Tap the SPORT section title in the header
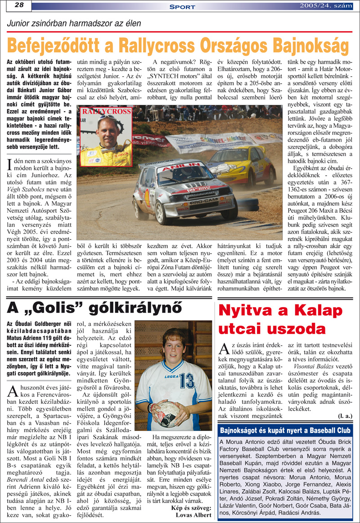[x=182, y=7]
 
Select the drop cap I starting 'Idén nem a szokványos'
[x=10, y=162]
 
